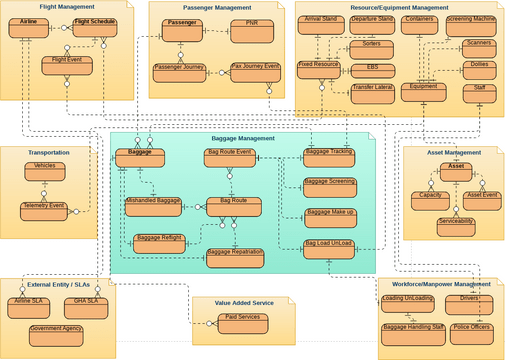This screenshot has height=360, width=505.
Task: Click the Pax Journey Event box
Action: (255, 72)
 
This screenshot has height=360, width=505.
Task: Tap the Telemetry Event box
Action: (45, 210)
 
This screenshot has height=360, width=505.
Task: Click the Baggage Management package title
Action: (242, 139)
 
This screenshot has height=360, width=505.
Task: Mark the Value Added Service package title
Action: (243, 303)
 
